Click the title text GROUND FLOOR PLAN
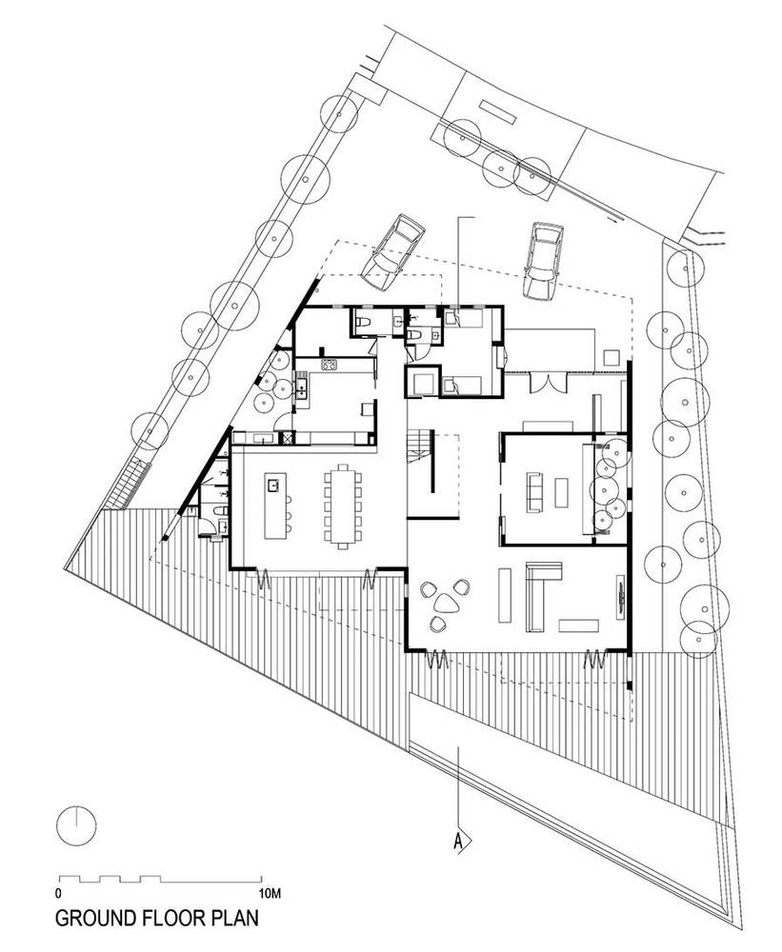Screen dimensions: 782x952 coord(157,917)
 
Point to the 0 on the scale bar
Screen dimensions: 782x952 coord(58,893)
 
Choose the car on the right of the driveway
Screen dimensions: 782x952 coord(543,261)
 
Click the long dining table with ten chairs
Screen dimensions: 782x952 coord(343,506)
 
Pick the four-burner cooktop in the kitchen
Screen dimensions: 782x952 coord(329,365)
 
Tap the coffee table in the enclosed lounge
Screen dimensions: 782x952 coord(561,492)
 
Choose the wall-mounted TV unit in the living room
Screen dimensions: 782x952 coord(620,597)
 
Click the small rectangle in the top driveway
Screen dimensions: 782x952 coord(497,112)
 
